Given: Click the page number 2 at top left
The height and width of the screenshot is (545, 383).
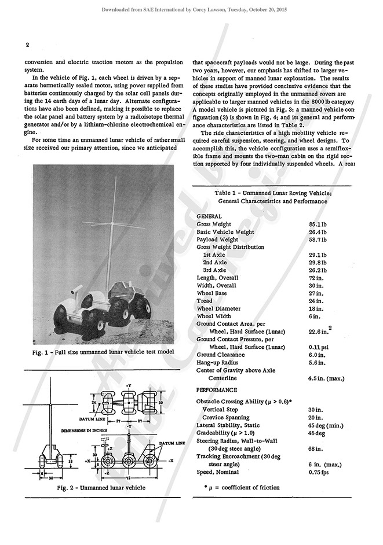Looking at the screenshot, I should [27, 45].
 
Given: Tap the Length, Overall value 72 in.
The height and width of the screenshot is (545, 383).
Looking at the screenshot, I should [315, 278].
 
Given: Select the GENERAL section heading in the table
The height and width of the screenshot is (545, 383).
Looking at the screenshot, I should [209, 215].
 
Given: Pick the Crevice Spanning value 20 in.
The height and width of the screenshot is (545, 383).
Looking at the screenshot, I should [315, 417].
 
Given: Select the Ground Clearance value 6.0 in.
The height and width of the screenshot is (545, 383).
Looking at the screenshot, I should [317, 355].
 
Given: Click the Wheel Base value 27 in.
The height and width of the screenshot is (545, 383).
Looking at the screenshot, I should [315, 293].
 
